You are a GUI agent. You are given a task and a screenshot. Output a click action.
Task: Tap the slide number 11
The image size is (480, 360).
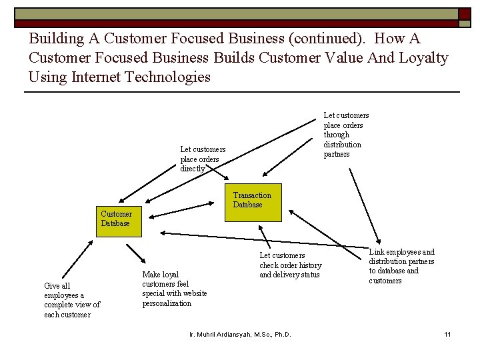click(448, 333)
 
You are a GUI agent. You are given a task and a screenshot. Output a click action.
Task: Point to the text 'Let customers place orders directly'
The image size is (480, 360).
click(203, 159)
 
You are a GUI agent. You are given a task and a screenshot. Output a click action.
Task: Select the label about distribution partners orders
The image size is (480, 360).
click(345, 135)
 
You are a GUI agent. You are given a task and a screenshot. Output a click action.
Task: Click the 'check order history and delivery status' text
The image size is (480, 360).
click(290, 265)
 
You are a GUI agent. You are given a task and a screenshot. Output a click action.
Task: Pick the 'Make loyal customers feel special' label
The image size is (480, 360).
click(174, 289)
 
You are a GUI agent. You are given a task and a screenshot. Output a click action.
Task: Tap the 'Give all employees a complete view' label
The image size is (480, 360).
click(72, 300)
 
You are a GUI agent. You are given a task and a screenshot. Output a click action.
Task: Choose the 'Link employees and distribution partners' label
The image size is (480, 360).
click(401, 266)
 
